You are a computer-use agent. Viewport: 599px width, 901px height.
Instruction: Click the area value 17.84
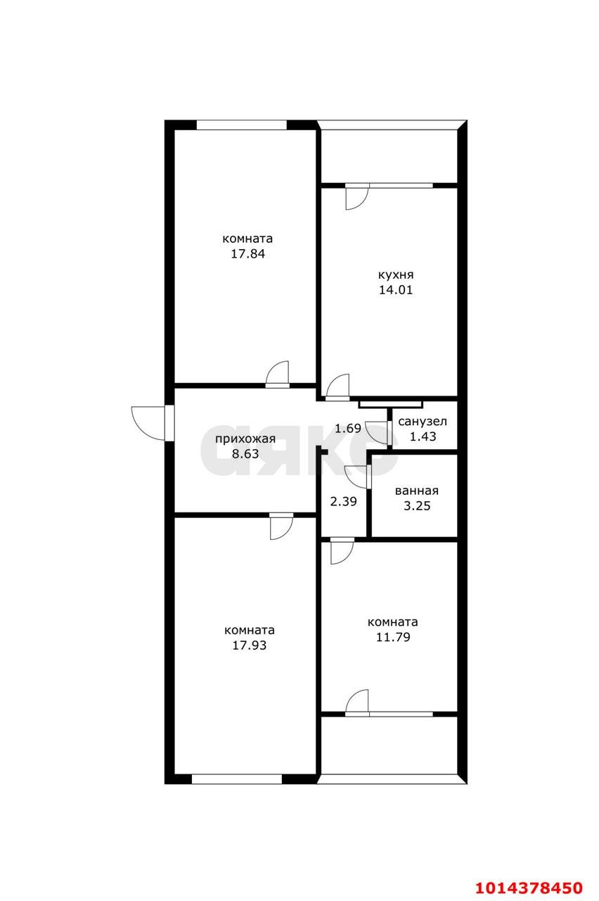coord(247,254)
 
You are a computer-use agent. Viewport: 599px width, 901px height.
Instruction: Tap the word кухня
coord(396,275)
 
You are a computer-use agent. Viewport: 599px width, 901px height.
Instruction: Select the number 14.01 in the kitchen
coord(396,289)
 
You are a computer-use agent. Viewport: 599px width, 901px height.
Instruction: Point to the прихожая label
coord(245,439)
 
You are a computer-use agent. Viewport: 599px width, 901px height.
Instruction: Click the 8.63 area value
coord(245,454)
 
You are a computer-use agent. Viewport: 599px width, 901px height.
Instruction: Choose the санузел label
coord(423,422)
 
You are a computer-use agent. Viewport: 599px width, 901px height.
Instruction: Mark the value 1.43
coord(423,436)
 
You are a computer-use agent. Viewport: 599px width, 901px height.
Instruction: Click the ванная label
coord(417,491)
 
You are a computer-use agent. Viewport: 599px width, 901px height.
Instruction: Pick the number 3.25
coord(417,505)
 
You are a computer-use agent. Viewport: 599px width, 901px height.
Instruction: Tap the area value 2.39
coord(343,502)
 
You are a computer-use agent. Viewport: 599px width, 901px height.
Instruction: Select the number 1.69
coord(348,429)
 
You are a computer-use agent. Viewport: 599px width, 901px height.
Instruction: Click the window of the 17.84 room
coord(241,125)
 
